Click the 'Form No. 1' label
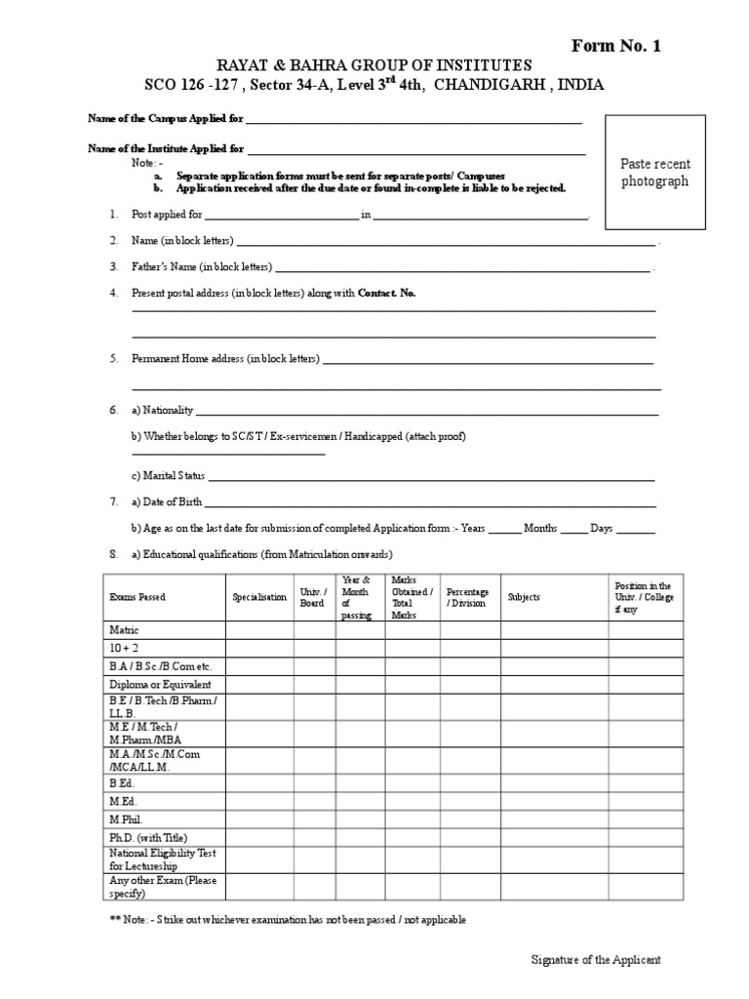coord(614,46)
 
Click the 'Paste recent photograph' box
coord(654,173)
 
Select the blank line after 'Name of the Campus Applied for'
coord(414,122)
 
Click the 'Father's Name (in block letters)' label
coord(202,266)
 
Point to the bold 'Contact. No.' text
coord(387,293)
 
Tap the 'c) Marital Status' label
coord(168,476)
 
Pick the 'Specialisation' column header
coord(259,597)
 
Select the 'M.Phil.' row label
coord(126,819)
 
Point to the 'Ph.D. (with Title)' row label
coord(147,837)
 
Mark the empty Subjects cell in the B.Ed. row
coord(555,782)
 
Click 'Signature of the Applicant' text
coord(595,960)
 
